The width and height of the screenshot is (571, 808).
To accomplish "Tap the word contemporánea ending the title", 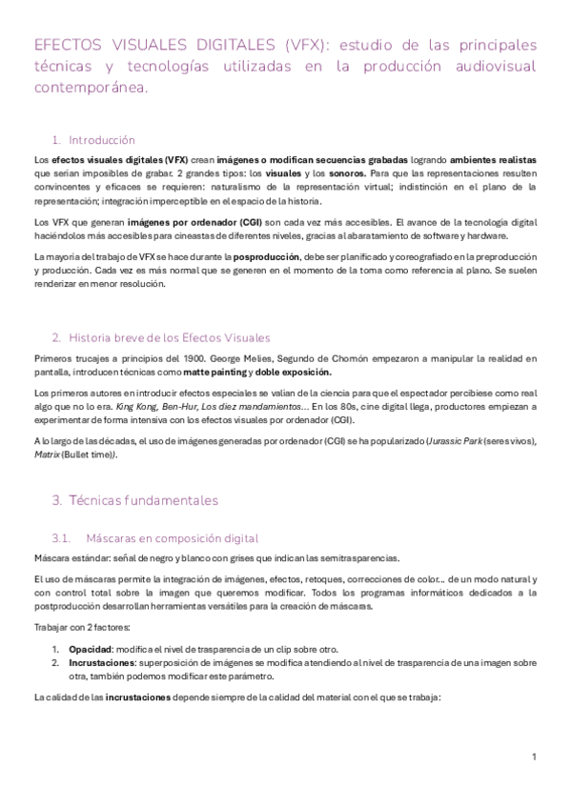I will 91,87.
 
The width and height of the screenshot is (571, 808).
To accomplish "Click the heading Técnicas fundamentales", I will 143,499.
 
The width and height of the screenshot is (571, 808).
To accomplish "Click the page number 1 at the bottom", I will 534,757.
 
